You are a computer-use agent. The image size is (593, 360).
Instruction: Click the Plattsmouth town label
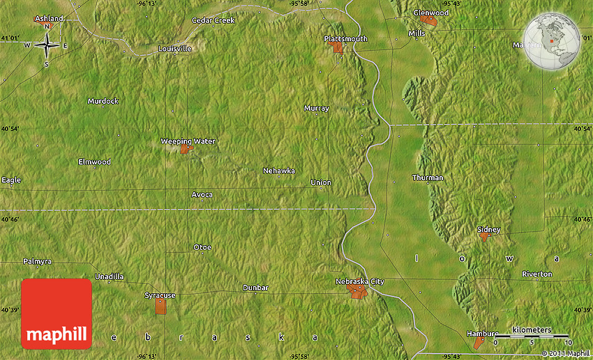(x=345, y=38)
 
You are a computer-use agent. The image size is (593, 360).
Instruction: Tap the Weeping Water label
(x=188, y=141)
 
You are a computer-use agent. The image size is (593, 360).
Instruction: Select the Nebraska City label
(x=359, y=281)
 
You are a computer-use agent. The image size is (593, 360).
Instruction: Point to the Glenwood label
(x=430, y=13)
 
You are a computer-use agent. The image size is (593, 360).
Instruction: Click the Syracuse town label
(x=160, y=295)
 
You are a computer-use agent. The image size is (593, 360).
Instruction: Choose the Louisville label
(x=174, y=49)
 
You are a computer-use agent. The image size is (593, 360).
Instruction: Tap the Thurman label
(x=427, y=177)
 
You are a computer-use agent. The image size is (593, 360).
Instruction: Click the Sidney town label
(x=488, y=229)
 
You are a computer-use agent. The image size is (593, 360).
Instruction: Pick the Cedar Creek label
(x=213, y=20)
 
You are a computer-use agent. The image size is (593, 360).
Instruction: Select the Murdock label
(x=103, y=101)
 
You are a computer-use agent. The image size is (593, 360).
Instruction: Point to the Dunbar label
(x=255, y=287)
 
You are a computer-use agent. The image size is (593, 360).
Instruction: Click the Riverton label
(x=536, y=274)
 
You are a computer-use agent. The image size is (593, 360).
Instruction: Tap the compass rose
(x=47, y=45)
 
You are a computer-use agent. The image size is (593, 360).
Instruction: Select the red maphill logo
(x=57, y=314)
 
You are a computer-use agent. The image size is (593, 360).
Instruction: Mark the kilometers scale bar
(x=532, y=336)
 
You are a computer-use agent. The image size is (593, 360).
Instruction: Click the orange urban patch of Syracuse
(x=160, y=306)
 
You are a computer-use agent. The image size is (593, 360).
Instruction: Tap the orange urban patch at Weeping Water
(x=186, y=149)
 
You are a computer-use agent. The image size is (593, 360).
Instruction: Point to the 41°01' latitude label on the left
(x=10, y=38)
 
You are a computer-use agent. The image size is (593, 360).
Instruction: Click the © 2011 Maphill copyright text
(x=566, y=353)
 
